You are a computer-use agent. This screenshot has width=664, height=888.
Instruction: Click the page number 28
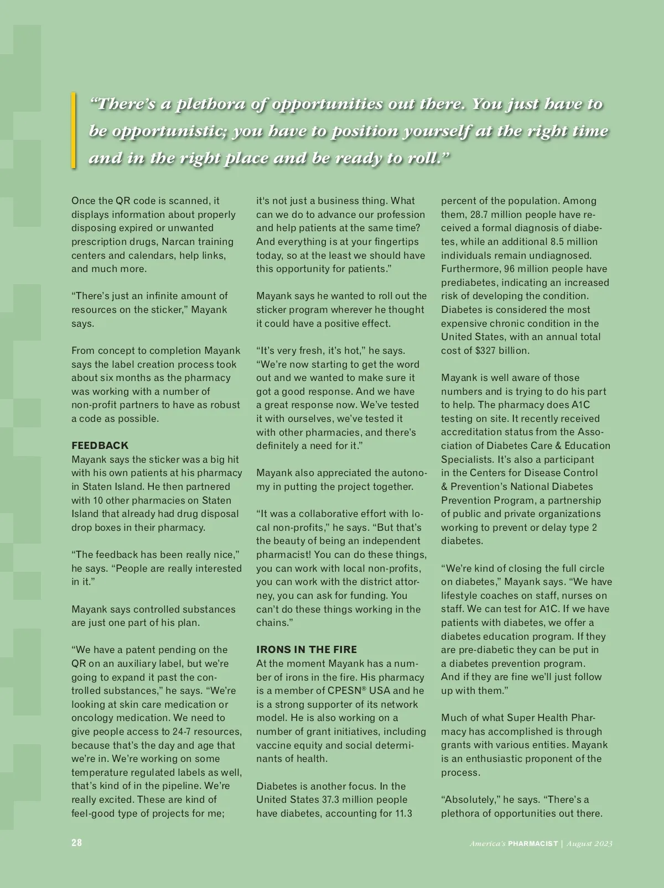pos(76,843)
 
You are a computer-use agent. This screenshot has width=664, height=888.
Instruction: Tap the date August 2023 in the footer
pos(590,843)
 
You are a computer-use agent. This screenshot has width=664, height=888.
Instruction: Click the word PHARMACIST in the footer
pos(533,843)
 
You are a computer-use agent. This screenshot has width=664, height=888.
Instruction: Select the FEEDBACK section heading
pos(100,445)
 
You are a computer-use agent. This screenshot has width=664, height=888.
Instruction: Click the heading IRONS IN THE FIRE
pos(307,650)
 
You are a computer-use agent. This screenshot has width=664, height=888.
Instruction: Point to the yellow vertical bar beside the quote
pos(73,130)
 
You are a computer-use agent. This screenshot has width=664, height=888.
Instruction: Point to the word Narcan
pos(179,242)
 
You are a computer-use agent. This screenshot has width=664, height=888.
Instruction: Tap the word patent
pos(141,650)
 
